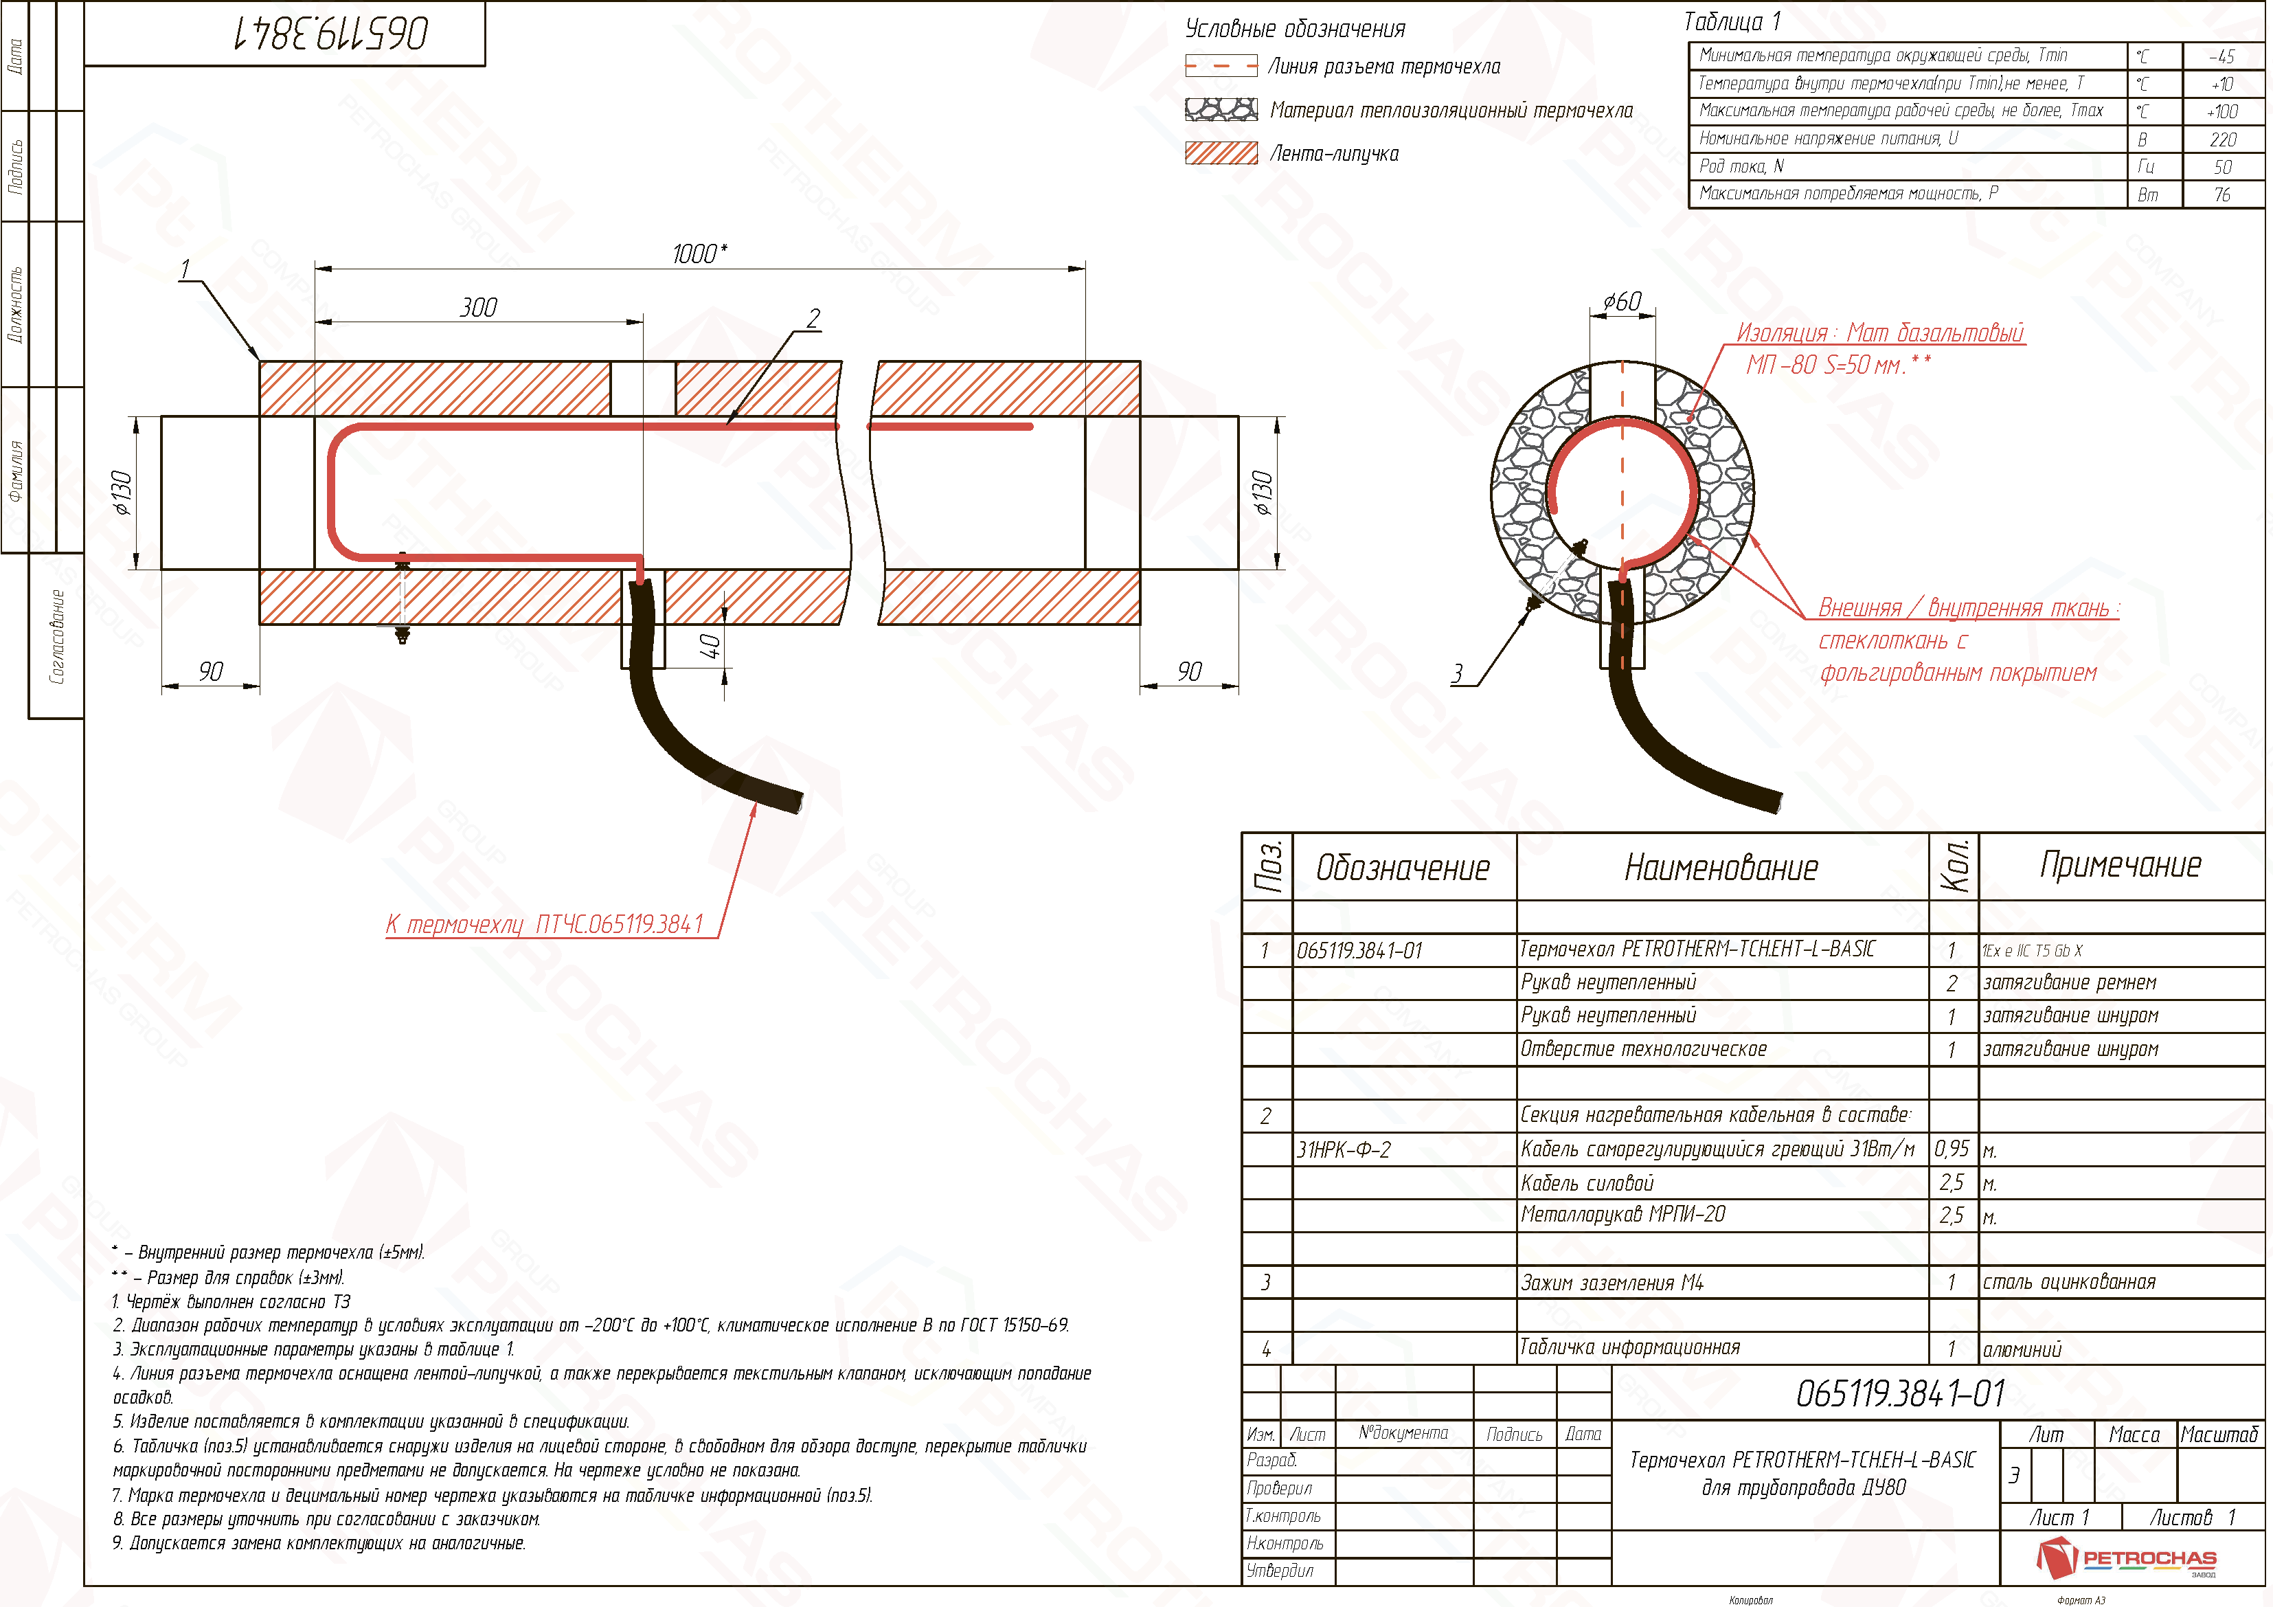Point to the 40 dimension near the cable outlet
tap(710, 647)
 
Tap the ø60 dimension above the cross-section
tap(1622, 301)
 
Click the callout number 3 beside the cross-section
tap(1457, 673)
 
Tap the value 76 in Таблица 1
tap(2222, 194)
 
